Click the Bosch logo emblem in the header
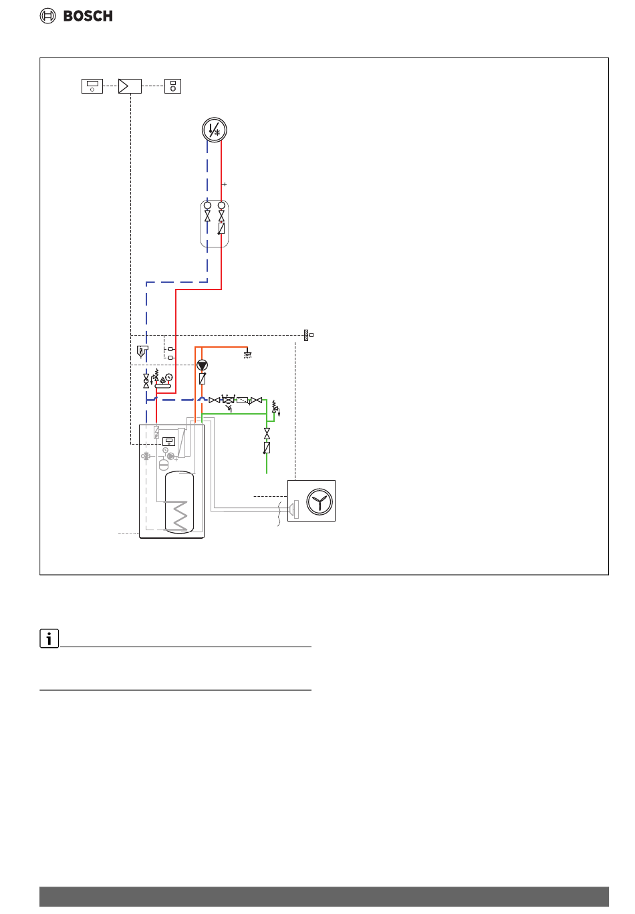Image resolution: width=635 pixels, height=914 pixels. point(48,16)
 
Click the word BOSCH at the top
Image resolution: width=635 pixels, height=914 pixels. point(88,16)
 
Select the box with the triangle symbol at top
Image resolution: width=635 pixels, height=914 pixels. point(130,86)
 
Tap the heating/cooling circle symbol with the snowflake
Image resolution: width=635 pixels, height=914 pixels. point(215,130)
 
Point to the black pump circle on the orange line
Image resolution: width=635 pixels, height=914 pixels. point(202,365)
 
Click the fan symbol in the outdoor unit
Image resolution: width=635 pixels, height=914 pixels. point(320,501)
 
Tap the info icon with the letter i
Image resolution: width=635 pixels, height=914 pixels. point(49,639)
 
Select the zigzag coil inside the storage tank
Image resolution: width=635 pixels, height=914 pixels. point(180,516)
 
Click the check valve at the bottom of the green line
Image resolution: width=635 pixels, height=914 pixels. point(267,447)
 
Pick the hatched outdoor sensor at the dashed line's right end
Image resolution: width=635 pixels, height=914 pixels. point(306,335)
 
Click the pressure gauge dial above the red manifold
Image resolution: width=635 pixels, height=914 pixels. point(169,377)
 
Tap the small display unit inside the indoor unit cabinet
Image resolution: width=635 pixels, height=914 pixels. point(169,441)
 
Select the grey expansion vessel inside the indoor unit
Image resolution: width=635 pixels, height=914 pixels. point(164,464)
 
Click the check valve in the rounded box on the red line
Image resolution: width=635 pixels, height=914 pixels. point(221,228)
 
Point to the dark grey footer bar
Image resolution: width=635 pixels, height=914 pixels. point(324,897)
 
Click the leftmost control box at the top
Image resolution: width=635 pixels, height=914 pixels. point(92,86)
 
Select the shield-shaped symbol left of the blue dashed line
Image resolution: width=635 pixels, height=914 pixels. point(142,350)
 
